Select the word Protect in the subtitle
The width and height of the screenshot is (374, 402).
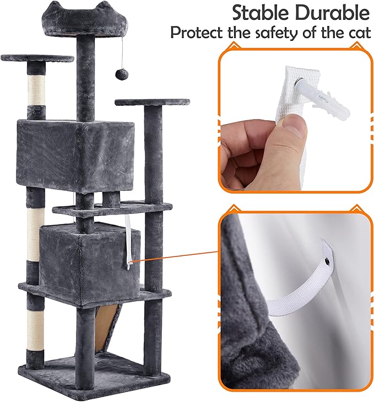pyautogui.click(x=195, y=33)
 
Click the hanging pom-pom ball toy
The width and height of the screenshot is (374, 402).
pyautogui.click(x=119, y=73)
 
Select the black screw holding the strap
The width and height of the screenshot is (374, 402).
pyautogui.click(x=328, y=256)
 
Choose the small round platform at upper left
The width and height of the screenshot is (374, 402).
pyautogui.click(x=37, y=57)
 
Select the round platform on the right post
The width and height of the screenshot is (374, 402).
pyautogui.click(x=152, y=102)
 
